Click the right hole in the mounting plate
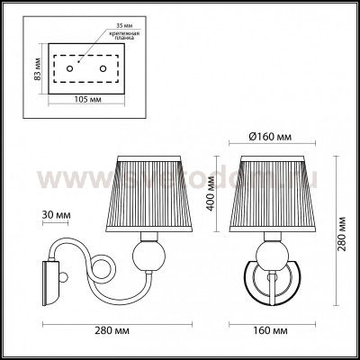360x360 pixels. pyautogui.click(x=104, y=68)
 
